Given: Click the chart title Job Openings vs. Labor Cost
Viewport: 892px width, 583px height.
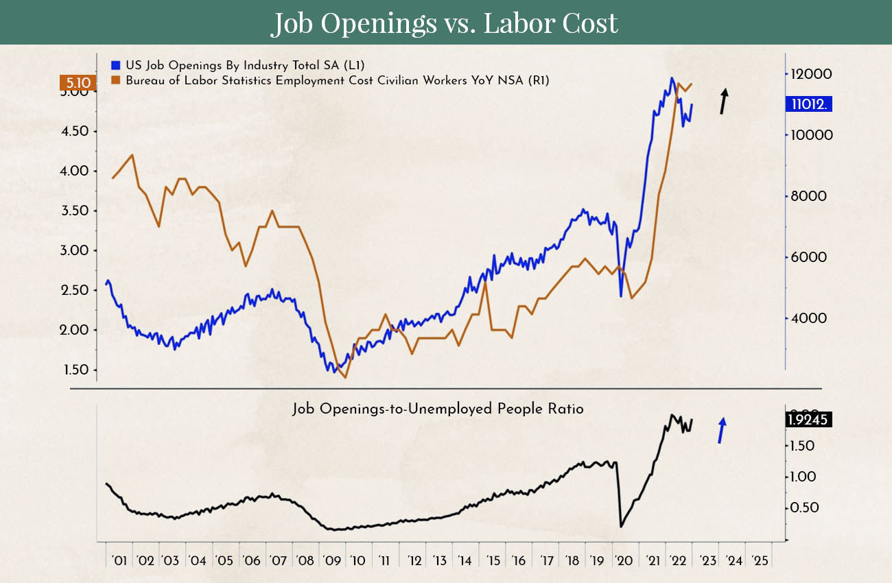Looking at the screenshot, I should [x=445, y=23].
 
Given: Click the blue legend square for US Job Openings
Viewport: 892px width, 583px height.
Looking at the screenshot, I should [x=115, y=65].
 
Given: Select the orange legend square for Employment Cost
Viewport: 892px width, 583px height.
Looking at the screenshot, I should [x=115, y=80].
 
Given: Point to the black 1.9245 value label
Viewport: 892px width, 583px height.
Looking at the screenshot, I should [x=808, y=419].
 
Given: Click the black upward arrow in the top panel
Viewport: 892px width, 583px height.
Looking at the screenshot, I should [x=723, y=101].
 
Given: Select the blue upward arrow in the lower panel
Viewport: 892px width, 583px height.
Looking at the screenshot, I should [x=722, y=430].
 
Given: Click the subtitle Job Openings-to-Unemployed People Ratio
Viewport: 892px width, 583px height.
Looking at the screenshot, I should [x=438, y=409].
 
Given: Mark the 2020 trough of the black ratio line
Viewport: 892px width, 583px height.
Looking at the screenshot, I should [x=621, y=526].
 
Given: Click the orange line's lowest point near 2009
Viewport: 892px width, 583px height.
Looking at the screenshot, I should [x=345, y=377].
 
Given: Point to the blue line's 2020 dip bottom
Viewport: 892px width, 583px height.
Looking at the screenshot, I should [x=621, y=296].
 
